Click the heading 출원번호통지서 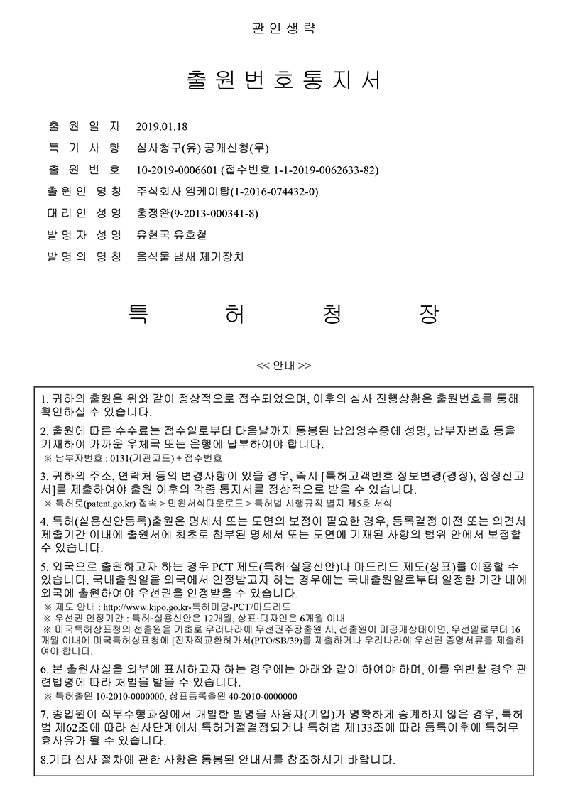283,80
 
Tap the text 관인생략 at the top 283,28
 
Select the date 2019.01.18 161,128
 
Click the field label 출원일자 84,128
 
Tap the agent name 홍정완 150,213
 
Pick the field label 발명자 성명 84,234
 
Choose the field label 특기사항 84,149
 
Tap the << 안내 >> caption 283,366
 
